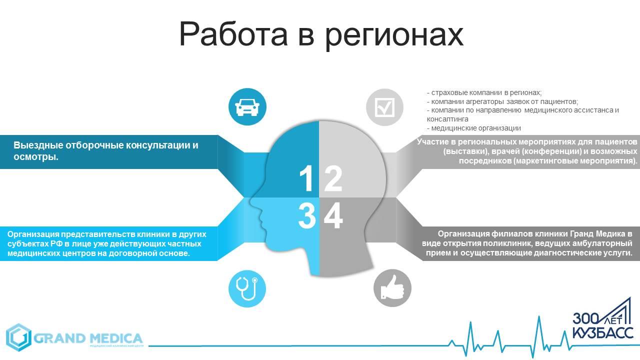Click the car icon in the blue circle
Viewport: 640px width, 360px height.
247,107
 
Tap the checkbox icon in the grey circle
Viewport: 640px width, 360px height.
384,107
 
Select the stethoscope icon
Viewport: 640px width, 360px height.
247,288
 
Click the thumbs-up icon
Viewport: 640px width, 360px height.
392,287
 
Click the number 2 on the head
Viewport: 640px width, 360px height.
333,178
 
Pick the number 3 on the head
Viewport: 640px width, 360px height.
307,215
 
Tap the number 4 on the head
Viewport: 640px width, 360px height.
333,215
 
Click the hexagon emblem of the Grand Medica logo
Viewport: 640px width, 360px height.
18,337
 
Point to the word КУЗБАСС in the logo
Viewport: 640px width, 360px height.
603,332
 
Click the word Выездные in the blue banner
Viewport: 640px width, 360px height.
38,145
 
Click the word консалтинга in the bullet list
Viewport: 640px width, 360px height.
447,119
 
